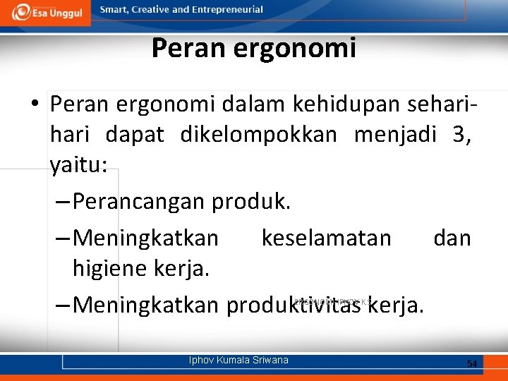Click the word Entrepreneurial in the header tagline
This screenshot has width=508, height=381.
[226, 10]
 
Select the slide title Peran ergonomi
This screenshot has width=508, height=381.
[253, 48]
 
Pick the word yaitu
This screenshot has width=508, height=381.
[76, 166]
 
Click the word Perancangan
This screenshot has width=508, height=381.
[138, 202]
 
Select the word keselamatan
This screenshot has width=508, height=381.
[326, 238]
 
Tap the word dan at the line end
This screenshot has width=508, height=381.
[452, 238]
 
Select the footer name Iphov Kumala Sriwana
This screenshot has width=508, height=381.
[238, 361]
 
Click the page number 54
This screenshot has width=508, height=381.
[472, 363]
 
